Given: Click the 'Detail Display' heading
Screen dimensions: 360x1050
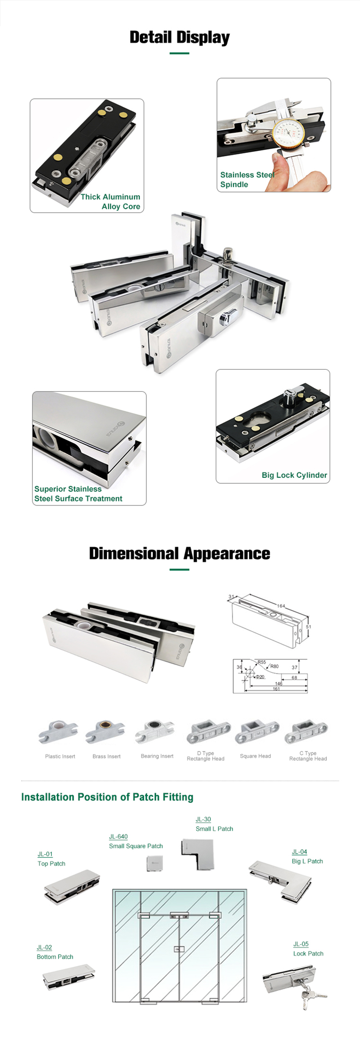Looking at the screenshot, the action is [180, 38].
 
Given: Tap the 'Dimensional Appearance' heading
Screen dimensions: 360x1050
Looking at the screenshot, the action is [180, 553].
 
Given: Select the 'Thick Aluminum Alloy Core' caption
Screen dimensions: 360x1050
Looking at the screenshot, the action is [110, 202].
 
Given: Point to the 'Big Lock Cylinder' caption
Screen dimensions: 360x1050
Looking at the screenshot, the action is [294, 475].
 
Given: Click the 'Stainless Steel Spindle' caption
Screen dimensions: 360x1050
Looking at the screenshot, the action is [247, 179].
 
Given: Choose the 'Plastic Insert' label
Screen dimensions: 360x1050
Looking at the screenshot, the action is [60, 756].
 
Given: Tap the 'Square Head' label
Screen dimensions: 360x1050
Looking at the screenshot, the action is [255, 756].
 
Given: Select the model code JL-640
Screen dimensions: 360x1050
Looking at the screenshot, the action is [118, 836].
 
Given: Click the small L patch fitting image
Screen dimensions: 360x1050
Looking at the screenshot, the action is [198, 855].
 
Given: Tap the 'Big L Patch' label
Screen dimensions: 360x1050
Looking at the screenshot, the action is [307, 861].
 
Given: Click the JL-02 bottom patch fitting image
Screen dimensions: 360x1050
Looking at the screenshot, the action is [68, 976].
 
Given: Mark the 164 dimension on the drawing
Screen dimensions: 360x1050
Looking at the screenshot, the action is [281, 606].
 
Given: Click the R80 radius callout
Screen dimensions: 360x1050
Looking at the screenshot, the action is [274, 666].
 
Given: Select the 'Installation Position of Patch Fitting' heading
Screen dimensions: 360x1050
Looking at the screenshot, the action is [107, 797].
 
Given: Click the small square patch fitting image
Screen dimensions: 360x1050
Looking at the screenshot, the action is [155, 863].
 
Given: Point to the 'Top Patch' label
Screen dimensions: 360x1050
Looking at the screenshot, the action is [52, 863].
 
